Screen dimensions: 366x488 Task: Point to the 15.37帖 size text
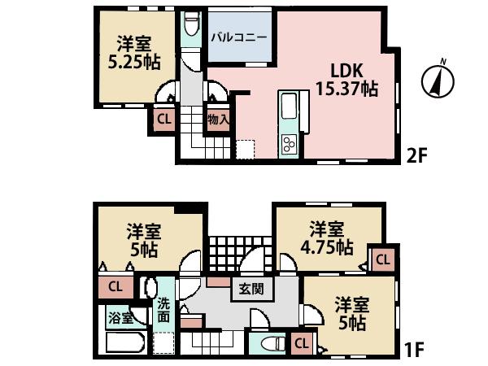pyautogui.click(x=346, y=90)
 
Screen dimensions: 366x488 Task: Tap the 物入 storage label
pyautogui.click(x=218, y=120)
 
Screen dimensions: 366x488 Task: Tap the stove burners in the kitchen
pyautogui.click(x=289, y=144)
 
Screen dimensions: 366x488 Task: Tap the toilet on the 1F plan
pyautogui.click(x=266, y=342)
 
